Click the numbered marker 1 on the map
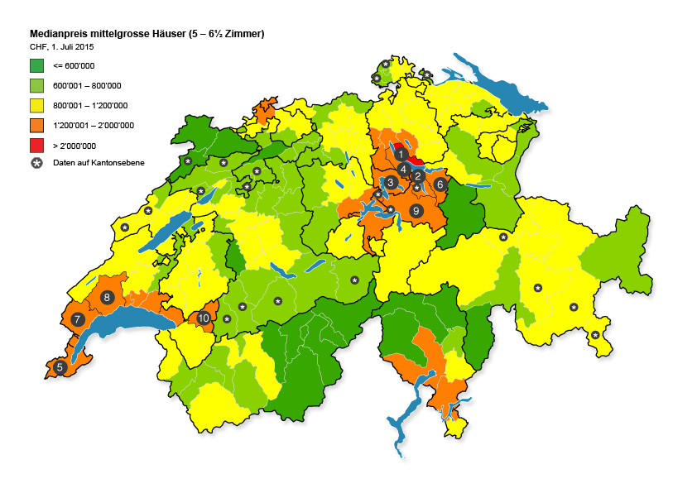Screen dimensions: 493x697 click(401, 154)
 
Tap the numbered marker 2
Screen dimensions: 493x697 click(418, 175)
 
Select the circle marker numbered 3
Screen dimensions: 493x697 click(390, 182)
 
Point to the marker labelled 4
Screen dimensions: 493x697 click(403, 170)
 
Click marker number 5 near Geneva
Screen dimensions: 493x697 click(60, 367)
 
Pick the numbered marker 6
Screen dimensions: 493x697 click(440, 184)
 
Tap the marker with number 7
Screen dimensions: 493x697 click(77, 318)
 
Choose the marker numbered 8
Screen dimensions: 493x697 click(106, 297)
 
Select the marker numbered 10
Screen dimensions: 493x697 click(203, 318)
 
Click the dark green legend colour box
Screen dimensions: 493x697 click(36, 65)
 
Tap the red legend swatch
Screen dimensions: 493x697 click(36, 145)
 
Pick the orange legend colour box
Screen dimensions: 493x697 click(36, 125)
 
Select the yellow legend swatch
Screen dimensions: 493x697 click(36, 105)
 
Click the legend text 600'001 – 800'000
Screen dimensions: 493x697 click(87, 85)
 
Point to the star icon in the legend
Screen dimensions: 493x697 click(36, 163)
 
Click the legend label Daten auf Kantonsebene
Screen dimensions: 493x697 click(99, 163)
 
